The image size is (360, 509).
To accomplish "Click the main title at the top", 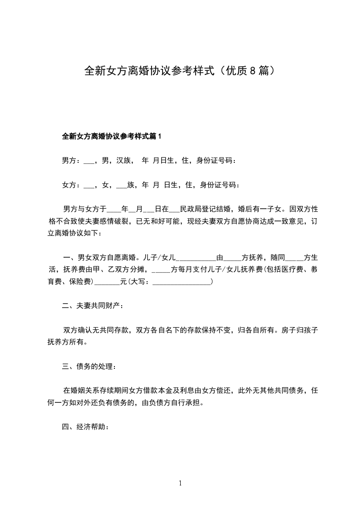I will point(180,71).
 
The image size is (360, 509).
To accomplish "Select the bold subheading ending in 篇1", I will point(112,136).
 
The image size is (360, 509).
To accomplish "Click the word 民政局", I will point(191,209).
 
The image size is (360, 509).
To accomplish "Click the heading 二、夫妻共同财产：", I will point(93,306).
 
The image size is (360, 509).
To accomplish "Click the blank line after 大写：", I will point(182,282).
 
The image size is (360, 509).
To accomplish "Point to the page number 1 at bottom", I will point(180,483).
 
